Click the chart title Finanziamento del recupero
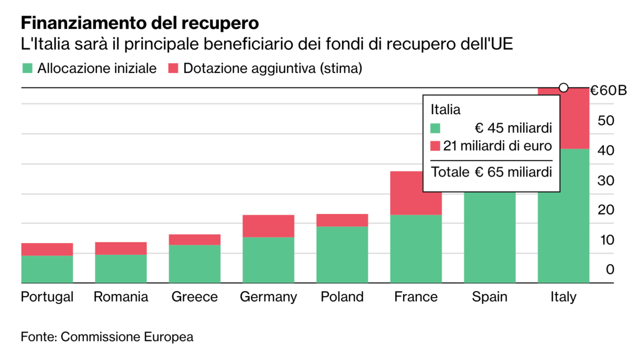click(x=140, y=23)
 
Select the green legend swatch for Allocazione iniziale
click(x=28, y=68)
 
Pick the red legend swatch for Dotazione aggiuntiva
click(x=173, y=68)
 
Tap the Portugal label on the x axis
click(x=47, y=297)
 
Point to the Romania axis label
click(x=121, y=297)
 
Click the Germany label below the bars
click(x=268, y=297)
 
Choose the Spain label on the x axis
click(x=490, y=297)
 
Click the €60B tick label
click(x=609, y=91)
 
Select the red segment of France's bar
click(x=416, y=193)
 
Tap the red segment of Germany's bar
click(x=268, y=226)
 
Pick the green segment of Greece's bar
click(x=195, y=263)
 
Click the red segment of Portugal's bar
click(x=47, y=249)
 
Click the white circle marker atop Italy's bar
click(x=563, y=87)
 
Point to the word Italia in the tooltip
click(x=445, y=110)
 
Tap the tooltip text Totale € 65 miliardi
click(x=491, y=172)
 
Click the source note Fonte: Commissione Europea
click(x=107, y=337)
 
